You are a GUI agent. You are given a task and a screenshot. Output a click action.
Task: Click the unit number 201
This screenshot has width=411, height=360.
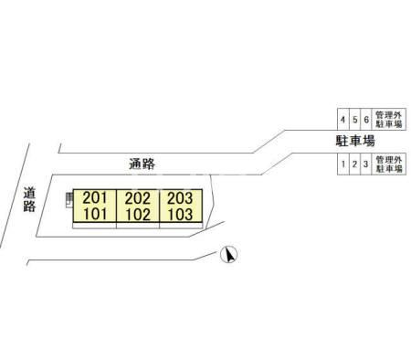coord(95,198)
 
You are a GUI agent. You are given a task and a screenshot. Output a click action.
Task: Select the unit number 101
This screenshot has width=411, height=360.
coord(95,214)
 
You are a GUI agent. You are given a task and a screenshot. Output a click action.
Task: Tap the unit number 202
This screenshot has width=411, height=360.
coord(138,198)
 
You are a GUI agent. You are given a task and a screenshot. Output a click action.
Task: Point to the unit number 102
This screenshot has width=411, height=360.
coord(138,215)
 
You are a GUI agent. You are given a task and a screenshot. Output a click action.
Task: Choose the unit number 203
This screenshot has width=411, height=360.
coord(180,198)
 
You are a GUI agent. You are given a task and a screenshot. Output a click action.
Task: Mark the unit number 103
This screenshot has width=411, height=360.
coord(180,214)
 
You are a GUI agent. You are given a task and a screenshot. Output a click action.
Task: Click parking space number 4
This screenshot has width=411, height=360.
coord(342,120)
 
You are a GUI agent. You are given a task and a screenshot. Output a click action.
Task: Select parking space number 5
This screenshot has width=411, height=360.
coord(354,120)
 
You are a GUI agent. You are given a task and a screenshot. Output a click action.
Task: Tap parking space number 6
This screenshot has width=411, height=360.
coord(366,120)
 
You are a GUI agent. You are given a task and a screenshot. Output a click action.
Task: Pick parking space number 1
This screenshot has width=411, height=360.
coord(343,164)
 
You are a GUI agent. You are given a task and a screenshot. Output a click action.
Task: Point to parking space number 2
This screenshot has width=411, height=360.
coord(354,164)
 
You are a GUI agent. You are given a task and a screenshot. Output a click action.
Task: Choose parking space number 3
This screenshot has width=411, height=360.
coord(365,164)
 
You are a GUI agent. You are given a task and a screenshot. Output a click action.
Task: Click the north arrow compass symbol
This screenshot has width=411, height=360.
coord(229,255)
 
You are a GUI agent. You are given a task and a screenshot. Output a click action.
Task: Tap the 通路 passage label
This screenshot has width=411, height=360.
coord(142,164)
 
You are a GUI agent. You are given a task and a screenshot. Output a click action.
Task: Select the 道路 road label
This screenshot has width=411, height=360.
coord(29,199)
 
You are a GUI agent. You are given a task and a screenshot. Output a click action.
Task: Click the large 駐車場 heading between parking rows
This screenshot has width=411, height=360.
coord(355,141)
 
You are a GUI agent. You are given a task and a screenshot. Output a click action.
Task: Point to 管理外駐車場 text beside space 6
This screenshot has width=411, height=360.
coord(389,120)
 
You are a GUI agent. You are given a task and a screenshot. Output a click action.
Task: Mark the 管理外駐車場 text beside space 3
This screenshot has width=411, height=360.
coord(389,164)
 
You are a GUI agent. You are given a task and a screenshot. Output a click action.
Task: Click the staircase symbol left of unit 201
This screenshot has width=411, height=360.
coord(69,200)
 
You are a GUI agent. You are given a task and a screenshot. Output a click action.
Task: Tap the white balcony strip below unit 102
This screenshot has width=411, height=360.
coord(138,226)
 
